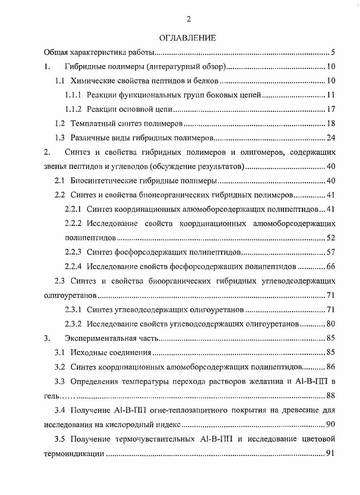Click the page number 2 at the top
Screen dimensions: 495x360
(188, 19)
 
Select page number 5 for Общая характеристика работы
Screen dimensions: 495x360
(332, 52)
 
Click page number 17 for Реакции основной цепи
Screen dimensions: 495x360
(330, 109)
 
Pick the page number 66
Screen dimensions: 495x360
(330, 266)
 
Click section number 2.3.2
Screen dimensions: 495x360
(73, 324)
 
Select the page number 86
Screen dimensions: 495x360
(330, 367)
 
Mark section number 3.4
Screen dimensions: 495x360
(60, 410)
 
